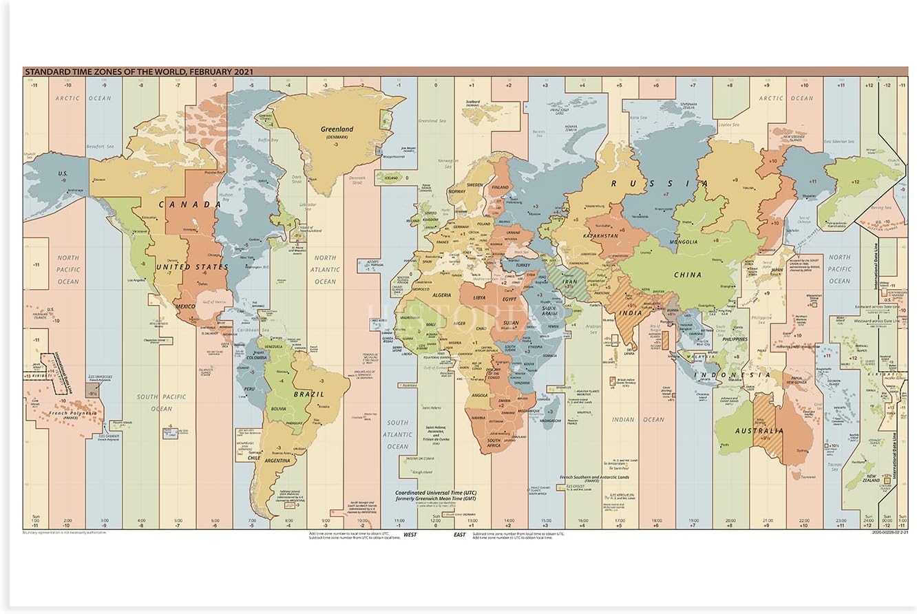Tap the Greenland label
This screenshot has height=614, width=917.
[x=337, y=129]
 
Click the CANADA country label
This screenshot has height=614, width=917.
[x=180, y=204]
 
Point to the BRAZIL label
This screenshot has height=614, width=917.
[x=304, y=394]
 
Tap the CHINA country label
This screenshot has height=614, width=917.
[x=687, y=275]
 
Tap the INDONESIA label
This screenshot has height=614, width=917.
[x=732, y=375]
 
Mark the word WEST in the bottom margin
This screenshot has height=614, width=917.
[x=410, y=534]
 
